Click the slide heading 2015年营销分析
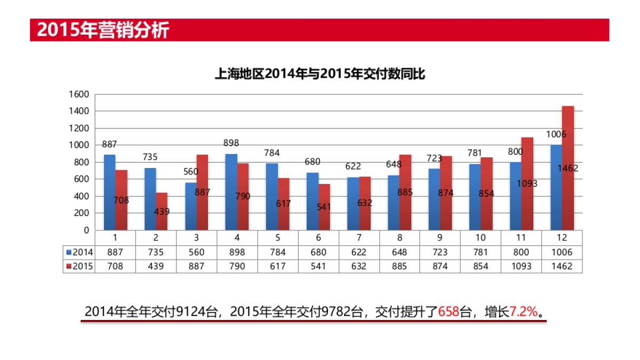click(x=102, y=30)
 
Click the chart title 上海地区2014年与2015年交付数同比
click(x=319, y=74)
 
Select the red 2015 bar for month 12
click(x=567, y=168)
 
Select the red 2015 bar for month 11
click(x=527, y=183)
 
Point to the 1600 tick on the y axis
click(x=79, y=94)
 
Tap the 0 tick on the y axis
click(x=85, y=230)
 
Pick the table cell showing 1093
click(x=521, y=266)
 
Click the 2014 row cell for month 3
click(x=196, y=252)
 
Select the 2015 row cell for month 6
click(x=318, y=266)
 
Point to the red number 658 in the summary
click(x=449, y=311)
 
